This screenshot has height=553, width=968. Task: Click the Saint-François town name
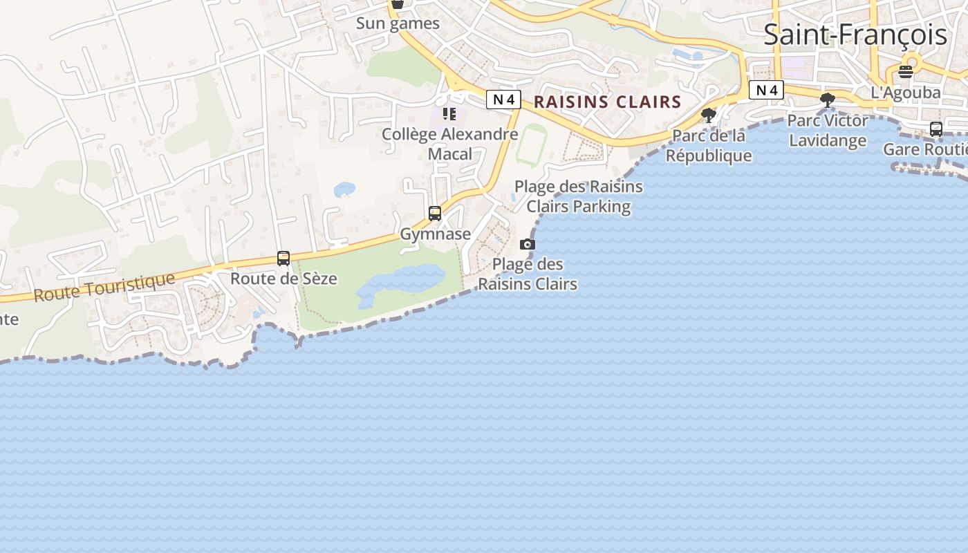click(855, 35)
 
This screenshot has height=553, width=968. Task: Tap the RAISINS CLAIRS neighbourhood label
click(608, 102)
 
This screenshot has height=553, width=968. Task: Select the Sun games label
click(398, 24)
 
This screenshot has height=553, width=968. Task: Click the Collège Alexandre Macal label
click(450, 144)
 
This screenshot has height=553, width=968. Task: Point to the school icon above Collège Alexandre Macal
click(449, 114)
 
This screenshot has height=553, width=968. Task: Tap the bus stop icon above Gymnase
click(435, 214)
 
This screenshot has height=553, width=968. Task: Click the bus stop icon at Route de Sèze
click(283, 259)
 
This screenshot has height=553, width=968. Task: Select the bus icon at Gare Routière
click(936, 129)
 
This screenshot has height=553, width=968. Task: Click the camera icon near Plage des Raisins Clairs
click(528, 244)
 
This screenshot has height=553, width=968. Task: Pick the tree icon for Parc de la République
click(708, 115)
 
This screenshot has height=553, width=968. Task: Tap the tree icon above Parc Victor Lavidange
click(827, 100)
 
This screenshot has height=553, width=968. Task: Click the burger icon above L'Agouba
click(906, 71)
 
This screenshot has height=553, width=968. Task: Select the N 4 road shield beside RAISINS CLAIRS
click(503, 100)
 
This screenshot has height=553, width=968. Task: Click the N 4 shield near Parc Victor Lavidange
click(766, 90)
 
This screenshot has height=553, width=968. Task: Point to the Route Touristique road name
click(104, 287)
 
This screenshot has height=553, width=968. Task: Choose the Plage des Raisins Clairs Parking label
click(579, 196)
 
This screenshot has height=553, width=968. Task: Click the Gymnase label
click(435, 234)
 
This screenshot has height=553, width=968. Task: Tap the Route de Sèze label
click(283, 279)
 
